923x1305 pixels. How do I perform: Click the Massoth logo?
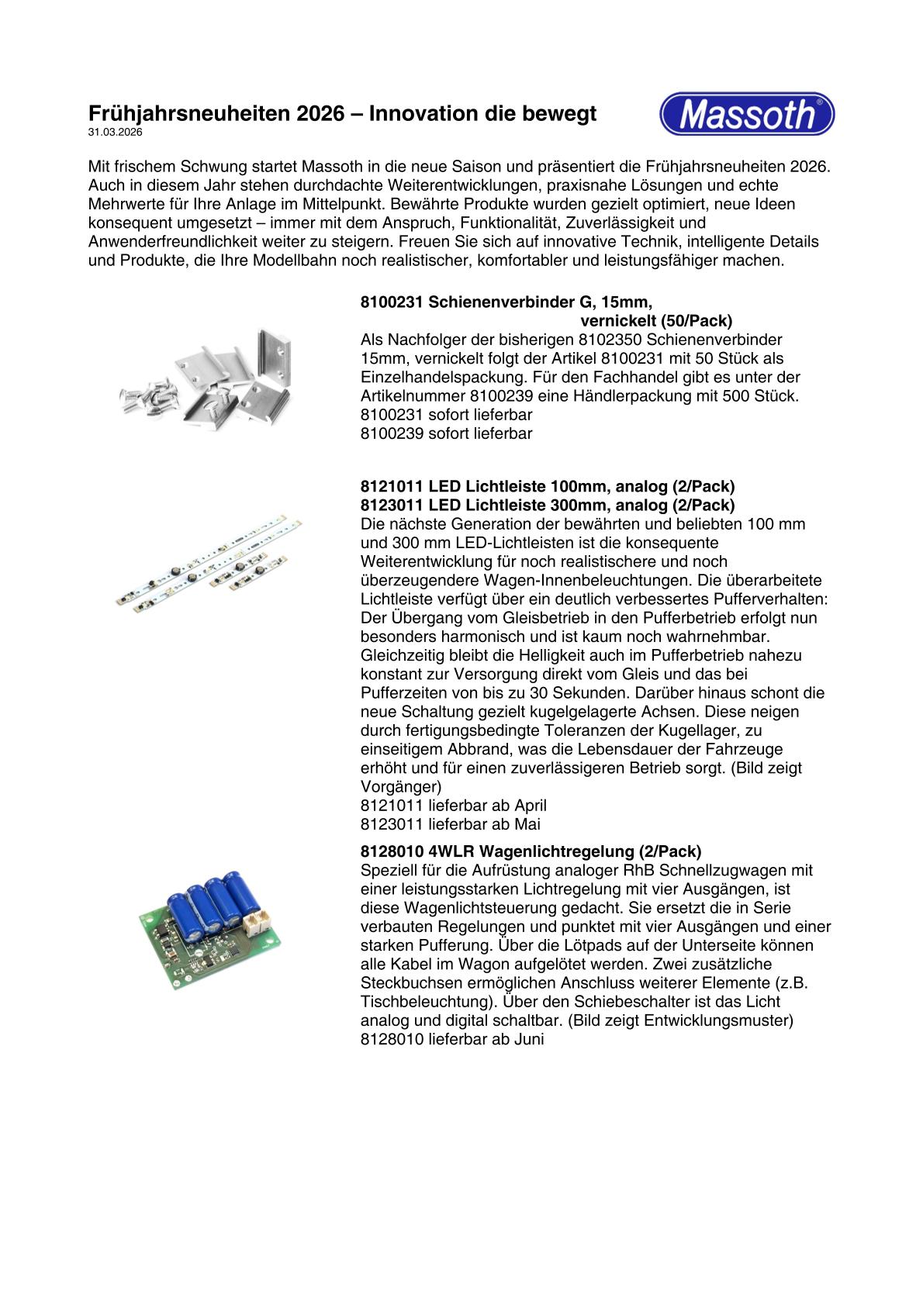746,115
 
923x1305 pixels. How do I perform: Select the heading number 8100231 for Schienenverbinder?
391,302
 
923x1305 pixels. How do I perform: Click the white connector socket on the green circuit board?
254,920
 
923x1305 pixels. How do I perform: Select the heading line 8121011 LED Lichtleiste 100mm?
548,486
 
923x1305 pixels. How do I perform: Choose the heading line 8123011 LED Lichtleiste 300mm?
548,505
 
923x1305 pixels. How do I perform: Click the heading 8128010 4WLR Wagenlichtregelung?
531,851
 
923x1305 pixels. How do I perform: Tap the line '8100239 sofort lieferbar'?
446,433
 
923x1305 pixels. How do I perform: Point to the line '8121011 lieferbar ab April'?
453,806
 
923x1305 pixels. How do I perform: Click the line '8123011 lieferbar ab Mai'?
450,824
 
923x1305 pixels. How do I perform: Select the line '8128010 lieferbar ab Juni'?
452,1039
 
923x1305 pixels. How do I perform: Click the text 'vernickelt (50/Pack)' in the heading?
656,321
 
